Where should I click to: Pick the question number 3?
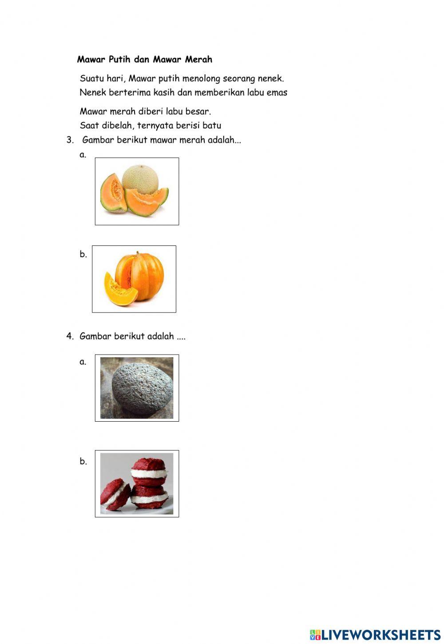[x=70, y=140]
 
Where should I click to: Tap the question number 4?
[x=70, y=336]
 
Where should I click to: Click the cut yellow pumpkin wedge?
[x=120, y=289]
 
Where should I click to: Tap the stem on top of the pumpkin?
[x=138, y=254]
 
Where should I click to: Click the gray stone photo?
[x=137, y=388]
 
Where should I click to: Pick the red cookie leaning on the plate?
[x=115, y=495]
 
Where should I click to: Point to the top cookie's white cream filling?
[x=149, y=473]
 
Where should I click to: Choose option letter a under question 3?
[x=83, y=155]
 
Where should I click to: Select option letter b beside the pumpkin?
[x=83, y=254]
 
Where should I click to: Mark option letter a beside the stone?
[x=83, y=362]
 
